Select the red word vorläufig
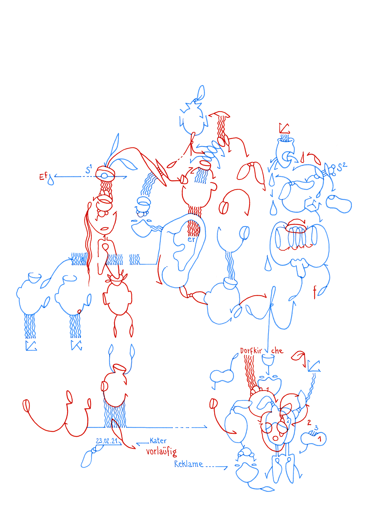[161, 452]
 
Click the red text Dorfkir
[251, 351]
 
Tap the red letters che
[277, 351]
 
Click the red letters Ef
[43, 177]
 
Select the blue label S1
[88, 169]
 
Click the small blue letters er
[191, 239]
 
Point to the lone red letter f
[315, 292]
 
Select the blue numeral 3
[316, 428]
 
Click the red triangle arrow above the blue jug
[284, 128]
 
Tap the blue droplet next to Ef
[51, 180]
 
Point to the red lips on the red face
[105, 229]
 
